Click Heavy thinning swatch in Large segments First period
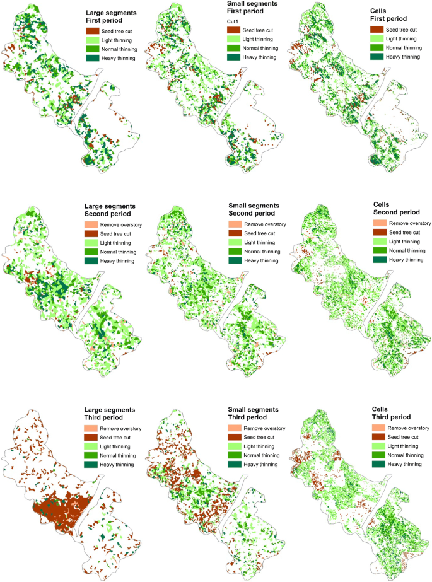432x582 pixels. point(93,57)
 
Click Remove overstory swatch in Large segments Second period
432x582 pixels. point(93,224)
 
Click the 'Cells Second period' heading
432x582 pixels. point(397,209)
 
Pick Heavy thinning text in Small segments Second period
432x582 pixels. point(261,260)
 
